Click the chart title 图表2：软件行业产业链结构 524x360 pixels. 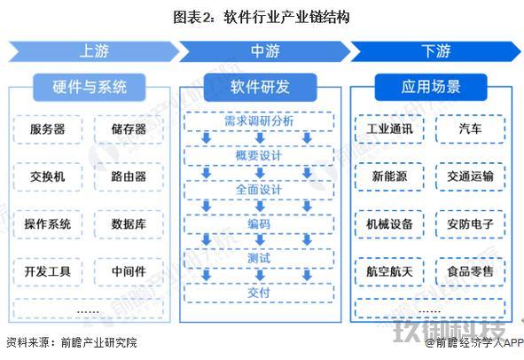pyautogui.click(x=262, y=18)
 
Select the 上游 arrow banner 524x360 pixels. pyautogui.click(x=94, y=51)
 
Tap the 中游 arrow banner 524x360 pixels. pyautogui.click(x=265, y=51)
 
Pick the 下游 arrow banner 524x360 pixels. pyautogui.click(x=435, y=51)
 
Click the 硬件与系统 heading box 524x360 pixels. pyautogui.click(x=90, y=87)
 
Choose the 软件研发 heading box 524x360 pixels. pyautogui.click(x=260, y=87)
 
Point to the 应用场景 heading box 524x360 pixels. pyautogui.click(x=431, y=87)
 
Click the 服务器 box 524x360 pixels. pyautogui.click(x=48, y=129)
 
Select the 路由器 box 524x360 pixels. pyautogui.click(x=129, y=176)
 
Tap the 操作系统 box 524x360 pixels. pyautogui.click(x=48, y=224)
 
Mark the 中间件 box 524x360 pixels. pyautogui.click(x=129, y=271)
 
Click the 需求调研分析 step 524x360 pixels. pyautogui.click(x=259, y=121)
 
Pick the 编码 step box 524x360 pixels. pyautogui.click(x=259, y=224)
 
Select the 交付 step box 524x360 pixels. pyautogui.click(x=259, y=293)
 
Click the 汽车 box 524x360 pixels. pyautogui.click(x=471, y=129)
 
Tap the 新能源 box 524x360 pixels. pyautogui.click(x=389, y=176)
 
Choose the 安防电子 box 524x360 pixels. pyautogui.click(x=471, y=224)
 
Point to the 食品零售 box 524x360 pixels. pyautogui.click(x=471, y=271)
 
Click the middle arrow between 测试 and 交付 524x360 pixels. pyautogui.click(x=260, y=275)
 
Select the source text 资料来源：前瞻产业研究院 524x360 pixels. pyautogui.click(x=72, y=343)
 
